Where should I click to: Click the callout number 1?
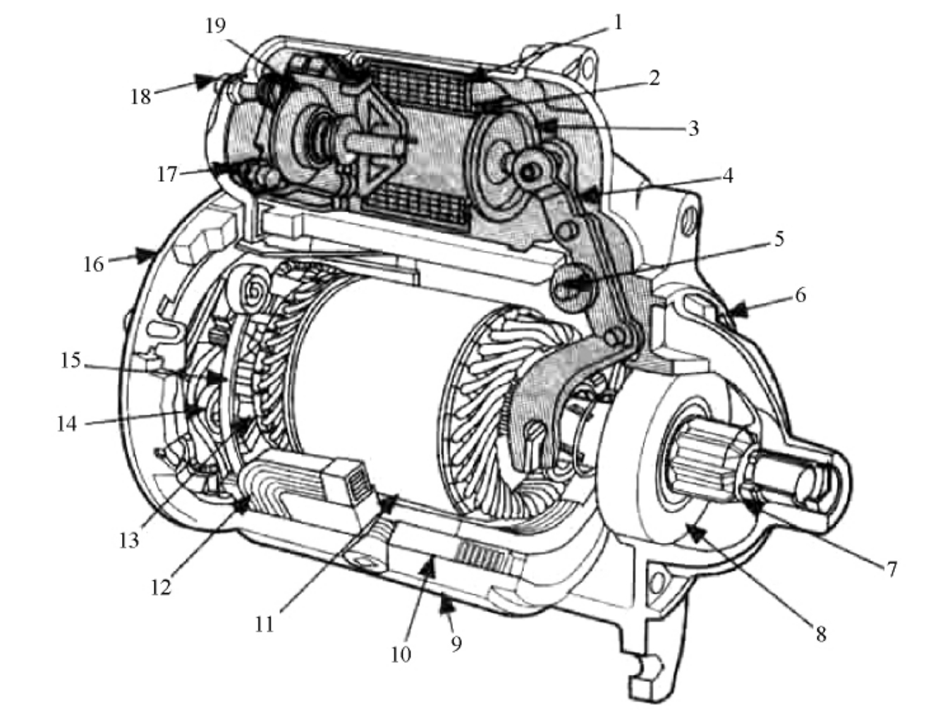618,23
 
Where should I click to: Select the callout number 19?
216,26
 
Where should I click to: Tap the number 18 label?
141,97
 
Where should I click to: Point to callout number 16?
94,264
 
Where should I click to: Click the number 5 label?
779,239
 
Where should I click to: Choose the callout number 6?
800,295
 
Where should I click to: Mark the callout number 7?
892,570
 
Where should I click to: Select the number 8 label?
821,635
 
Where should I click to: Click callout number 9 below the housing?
456,644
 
